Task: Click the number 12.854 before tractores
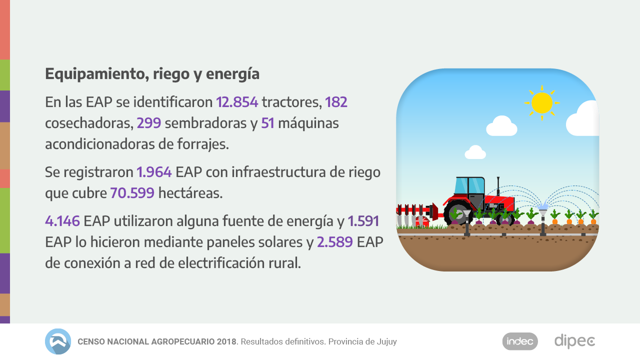tap(237, 102)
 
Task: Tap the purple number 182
tap(336, 102)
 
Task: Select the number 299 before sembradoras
tap(148, 123)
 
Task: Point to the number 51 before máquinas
tap(267, 123)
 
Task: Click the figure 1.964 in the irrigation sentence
tap(154, 172)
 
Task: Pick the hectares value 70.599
tap(132, 193)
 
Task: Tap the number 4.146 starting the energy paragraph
tap(62, 221)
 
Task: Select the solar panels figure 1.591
tap(363, 221)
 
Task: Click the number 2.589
tap(335, 242)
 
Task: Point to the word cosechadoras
tap(88, 123)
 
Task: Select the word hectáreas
tap(190, 193)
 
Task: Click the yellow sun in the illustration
tap(542, 103)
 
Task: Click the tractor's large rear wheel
tap(458, 213)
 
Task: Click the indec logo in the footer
tap(520, 341)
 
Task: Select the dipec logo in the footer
tap(574, 341)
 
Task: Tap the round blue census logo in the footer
tap(58, 341)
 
